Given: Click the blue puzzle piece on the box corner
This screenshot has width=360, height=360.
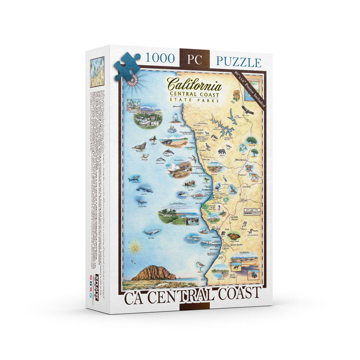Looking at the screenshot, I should click(127, 67).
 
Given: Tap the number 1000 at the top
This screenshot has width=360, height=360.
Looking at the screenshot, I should click(160, 59).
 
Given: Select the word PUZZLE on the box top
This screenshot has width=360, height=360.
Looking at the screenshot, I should click(239, 62).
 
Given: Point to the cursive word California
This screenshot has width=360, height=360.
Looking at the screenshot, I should click(194, 85).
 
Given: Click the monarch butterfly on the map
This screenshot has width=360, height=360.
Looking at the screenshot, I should click(234, 237).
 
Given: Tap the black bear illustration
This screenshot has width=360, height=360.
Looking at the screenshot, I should click(222, 152).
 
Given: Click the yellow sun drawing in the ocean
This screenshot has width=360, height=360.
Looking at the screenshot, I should click(135, 247).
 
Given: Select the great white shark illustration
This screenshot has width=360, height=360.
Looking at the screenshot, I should click(134, 178).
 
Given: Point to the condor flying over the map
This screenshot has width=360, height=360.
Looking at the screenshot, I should click(247, 109).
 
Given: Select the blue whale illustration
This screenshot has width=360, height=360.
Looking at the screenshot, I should click(152, 232).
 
